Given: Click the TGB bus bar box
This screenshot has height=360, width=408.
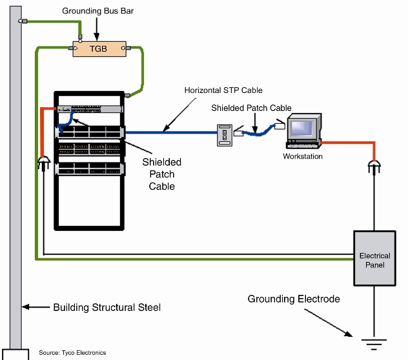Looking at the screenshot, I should tap(98, 48).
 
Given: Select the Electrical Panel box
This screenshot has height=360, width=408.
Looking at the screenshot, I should tap(374, 259).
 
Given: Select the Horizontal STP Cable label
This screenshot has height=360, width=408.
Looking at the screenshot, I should tap(223, 90).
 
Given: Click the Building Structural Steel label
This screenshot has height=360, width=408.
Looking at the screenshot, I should tap(107, 308).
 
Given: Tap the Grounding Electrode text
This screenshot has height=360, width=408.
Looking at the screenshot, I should tap(294, 299).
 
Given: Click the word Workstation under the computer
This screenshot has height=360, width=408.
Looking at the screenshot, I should tap(303, 157).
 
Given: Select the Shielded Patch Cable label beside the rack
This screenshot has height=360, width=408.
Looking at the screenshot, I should tap(161, 174).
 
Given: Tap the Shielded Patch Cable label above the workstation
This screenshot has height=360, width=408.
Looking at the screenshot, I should tap(251, 108).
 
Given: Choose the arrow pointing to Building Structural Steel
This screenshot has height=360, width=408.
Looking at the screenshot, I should tap(35, 307).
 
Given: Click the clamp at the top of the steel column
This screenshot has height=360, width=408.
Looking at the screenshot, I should tap(23, 21).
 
